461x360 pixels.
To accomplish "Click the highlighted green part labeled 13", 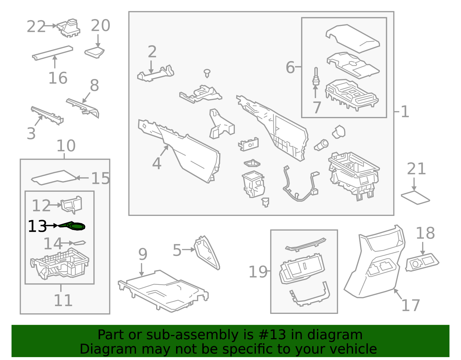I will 74,226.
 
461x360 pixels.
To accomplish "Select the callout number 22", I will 36,27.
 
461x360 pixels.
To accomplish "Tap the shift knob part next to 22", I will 69,28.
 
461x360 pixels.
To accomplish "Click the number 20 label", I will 101,26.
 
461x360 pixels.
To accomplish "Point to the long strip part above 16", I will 52,53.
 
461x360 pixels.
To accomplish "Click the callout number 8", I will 95,86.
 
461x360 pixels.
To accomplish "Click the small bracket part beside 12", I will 71,204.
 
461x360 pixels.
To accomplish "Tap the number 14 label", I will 53,244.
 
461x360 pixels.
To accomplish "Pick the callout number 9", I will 143,254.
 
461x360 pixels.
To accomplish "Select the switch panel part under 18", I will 422,262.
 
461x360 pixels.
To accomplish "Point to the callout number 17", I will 411,306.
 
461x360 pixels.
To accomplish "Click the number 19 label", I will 258,272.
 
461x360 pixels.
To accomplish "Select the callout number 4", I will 156,163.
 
